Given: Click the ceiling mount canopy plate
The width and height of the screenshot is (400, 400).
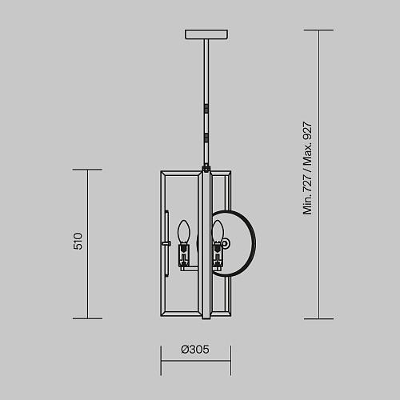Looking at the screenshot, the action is pyautogui.click(x=206, y=34).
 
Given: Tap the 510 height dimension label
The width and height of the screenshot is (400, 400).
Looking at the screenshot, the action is pyautogui.click(x=78, y=241).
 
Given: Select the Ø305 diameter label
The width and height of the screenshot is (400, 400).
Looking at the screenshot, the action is pyautogui.click(x=195, y=350).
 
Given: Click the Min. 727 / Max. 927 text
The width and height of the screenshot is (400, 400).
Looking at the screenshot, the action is pyautogui.click(x=307, y=168).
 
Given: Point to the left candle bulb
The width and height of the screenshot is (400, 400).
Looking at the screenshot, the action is pyautogui.click(x=184, y=231).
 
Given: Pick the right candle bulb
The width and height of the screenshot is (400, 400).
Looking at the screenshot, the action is pyautogui.click(x=218, y=231).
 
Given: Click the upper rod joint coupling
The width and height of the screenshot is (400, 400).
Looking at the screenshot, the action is pyautogui.click(x=206, y=109).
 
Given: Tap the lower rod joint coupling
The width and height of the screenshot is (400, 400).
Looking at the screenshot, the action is pyautogui.click(x=206, y=138).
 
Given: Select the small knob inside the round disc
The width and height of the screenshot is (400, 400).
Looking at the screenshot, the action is pyautogui.click(x=226, y=244).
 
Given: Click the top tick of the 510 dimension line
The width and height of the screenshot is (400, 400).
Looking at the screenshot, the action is pyautogui.click(x=87, y=170).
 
